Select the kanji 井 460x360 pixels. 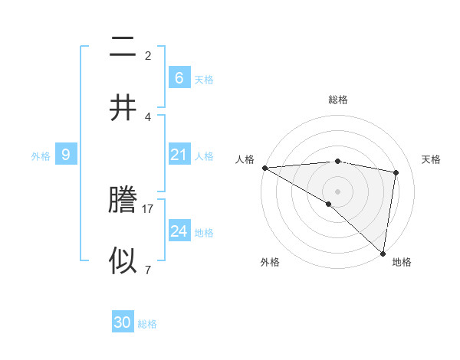123,107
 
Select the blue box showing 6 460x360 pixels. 179,77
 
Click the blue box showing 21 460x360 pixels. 179,155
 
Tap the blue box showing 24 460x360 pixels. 179,231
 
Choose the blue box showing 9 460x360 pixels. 66,155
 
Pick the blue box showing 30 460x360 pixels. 123,322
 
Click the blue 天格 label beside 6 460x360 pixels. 204,79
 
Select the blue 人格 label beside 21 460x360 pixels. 204,156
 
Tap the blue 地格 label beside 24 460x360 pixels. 204,233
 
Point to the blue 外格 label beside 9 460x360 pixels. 41,156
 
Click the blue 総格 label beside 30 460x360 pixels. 147,324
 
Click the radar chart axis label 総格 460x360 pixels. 338,100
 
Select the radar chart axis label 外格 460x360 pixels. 270,262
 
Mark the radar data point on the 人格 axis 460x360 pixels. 264,168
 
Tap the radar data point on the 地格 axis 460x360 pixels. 382,252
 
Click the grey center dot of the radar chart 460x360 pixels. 338,191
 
